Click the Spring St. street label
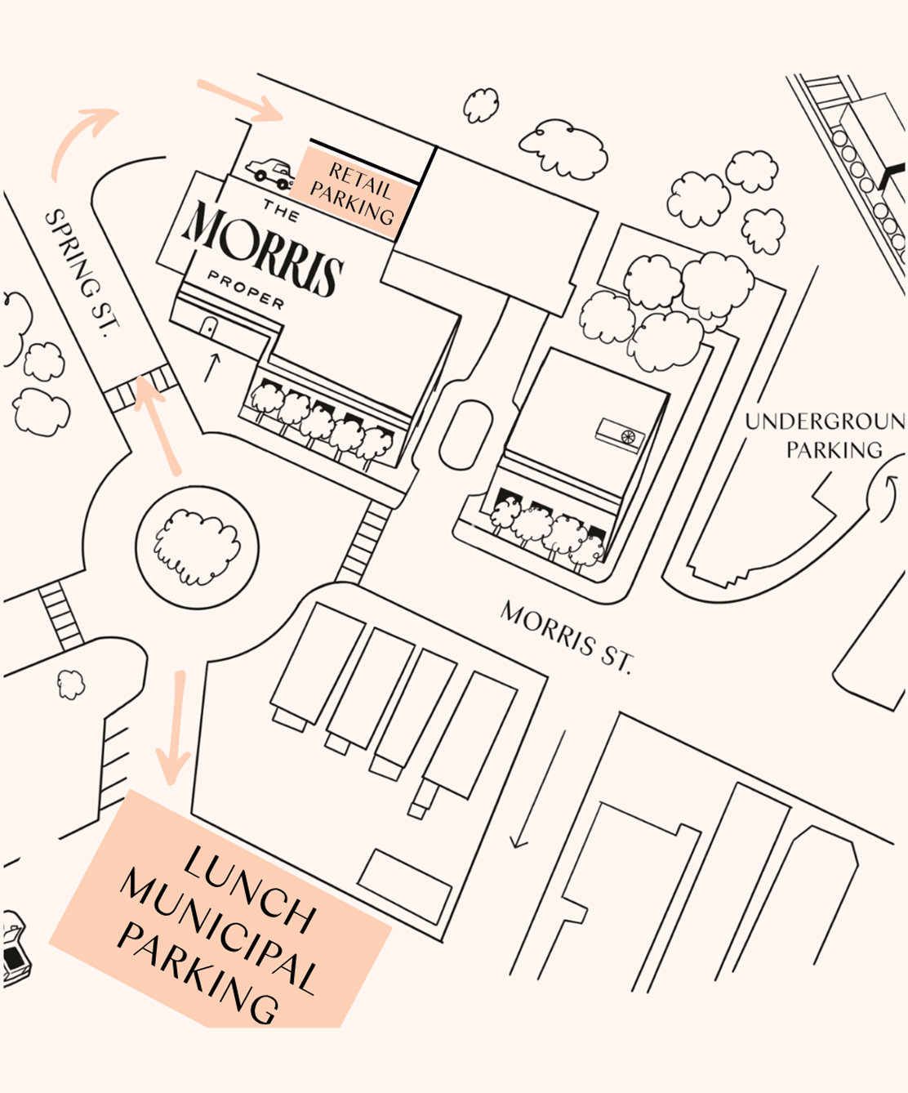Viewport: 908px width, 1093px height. coord(82,273)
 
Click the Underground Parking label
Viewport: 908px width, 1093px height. coord(827,435)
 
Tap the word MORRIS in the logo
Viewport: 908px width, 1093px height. coord(263,248)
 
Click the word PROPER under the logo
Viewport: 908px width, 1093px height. coord(246,289)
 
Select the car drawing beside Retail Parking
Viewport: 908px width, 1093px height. coord(269,173)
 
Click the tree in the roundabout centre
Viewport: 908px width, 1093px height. coord(197,548)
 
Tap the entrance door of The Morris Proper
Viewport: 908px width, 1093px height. coord(208,328)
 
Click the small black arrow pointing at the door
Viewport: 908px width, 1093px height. coord(212,368)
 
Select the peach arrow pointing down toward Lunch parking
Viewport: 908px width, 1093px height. coord(174,728)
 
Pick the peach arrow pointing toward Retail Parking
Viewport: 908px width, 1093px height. coord(241,101)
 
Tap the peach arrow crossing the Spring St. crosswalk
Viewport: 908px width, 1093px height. coord(157,425)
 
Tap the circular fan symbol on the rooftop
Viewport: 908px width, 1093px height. coord(627,436)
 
